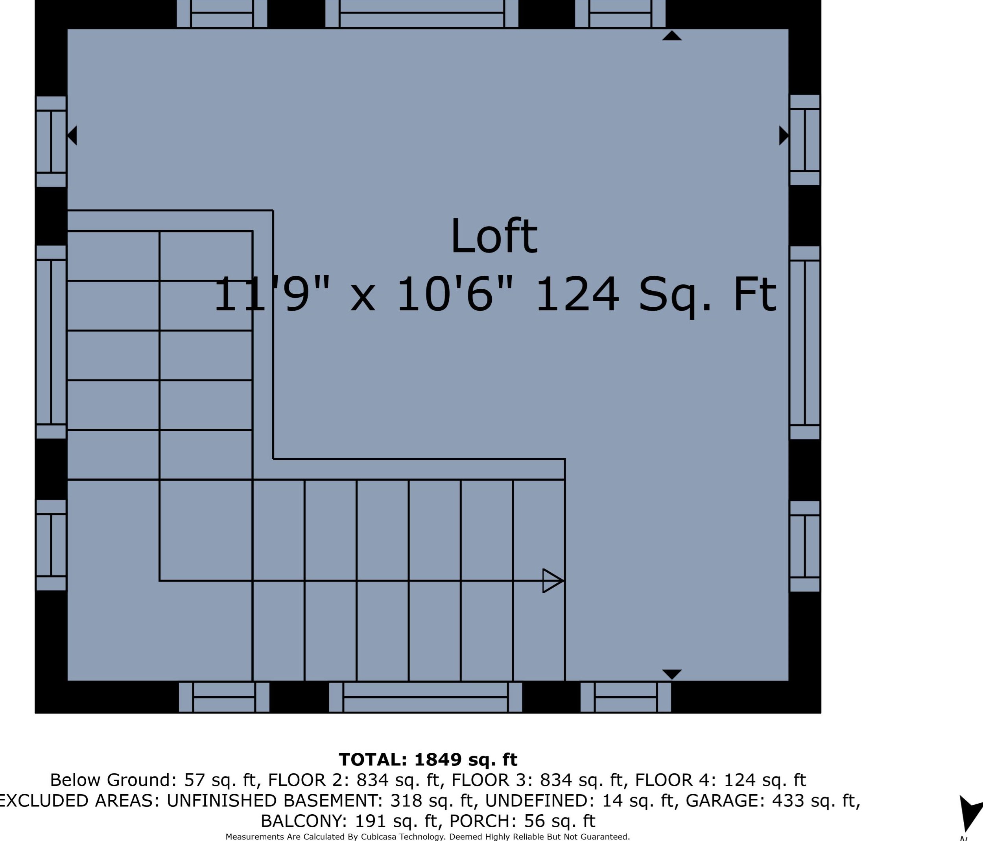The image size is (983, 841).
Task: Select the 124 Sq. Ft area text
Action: (x=656, y=295)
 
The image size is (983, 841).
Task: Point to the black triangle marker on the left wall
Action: (x=72, y=136)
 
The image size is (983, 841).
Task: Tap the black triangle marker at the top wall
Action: (x=672, y=35)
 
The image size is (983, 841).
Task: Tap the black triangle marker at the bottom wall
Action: (x=672, y=675)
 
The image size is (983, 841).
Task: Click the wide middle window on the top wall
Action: (x=422, y=14)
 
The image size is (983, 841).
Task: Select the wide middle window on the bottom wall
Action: (x=426, y=697)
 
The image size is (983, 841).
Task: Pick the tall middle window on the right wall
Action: (x=805, y=343)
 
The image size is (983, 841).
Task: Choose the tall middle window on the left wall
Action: (x=51, y=342)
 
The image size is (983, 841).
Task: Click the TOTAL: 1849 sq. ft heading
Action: (x=428, y=760)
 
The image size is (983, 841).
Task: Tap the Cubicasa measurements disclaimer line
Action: (x=428, y=837)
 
